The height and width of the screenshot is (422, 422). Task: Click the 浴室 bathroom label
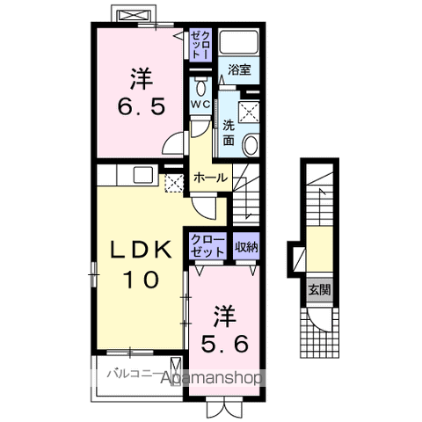tap(239, 70)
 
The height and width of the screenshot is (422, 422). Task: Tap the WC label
tap(200, 104)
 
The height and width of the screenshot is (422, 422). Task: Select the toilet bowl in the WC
tap(200, 86)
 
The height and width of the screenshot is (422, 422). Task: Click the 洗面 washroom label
tap(229, 133)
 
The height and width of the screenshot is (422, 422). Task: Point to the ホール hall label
tap(211, 178)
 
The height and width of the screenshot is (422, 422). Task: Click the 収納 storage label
tap(246, 247)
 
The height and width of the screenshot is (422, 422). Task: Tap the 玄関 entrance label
tap(319, 290)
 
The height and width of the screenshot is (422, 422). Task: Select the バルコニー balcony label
tap(135, 374)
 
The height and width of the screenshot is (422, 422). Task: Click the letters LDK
tap(141, 250)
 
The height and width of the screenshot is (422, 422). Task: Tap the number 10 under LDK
tap(142, 280)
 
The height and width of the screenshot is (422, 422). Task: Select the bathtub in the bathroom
tap(239, 41)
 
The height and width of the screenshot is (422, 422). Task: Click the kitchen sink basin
tap(143, 175)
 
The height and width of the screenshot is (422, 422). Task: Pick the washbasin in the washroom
tap(251, 144)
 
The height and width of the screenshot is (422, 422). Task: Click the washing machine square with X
tap(249, 112)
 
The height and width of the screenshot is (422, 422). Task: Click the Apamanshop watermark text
tap(211, 378)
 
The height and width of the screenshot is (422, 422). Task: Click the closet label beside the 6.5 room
tap(200, 45)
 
